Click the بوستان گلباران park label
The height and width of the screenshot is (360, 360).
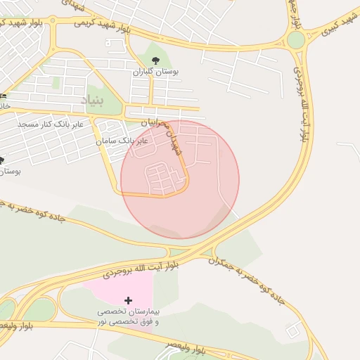[156, 72]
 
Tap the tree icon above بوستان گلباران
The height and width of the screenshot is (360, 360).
[156, 60]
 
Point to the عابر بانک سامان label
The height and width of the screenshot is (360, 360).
[122, 141]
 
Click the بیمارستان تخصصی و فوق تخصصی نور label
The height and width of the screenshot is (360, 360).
[128, 316]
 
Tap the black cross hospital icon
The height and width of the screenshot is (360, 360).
[128, 300]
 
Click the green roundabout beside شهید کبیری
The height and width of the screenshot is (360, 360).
[296, 39]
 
